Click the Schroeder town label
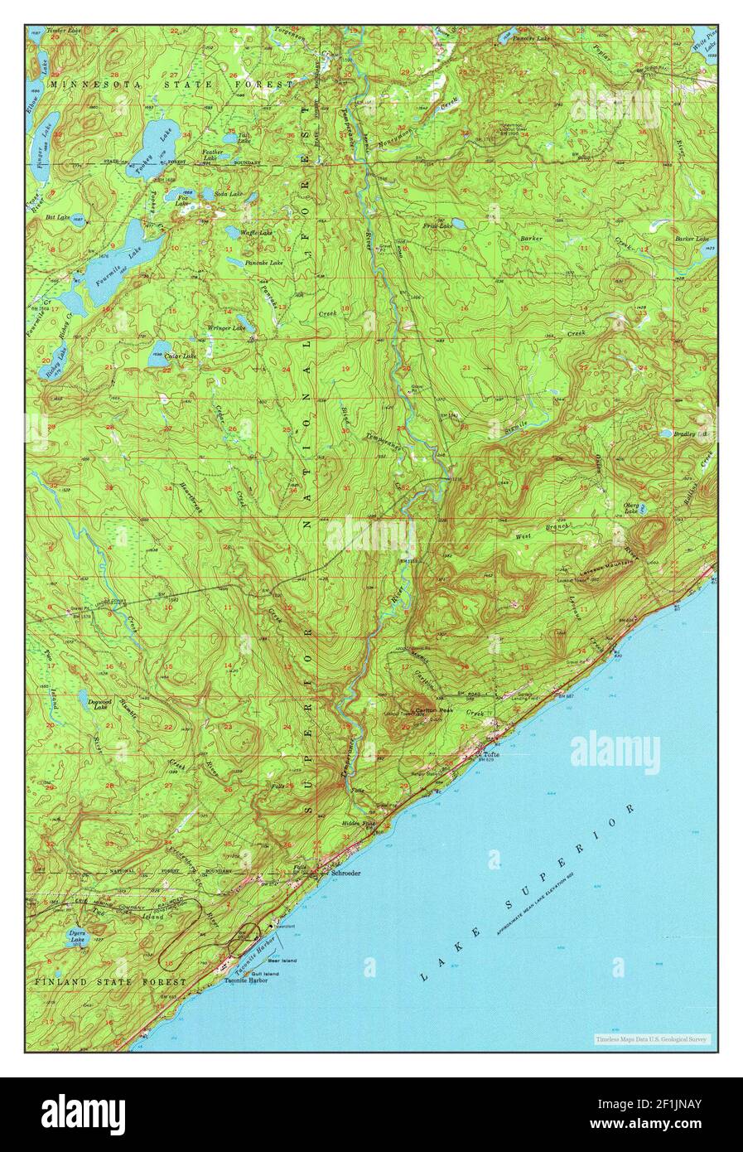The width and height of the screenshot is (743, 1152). [x=345, y=873]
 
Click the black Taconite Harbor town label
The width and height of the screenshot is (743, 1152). [x=246, y=980]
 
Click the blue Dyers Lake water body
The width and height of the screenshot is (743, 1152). [x=77, y=939]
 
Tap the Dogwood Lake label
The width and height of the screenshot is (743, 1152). [x=99, y=704]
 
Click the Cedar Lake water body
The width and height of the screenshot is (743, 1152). [x=158, y=356]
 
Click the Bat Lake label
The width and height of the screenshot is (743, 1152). [x=58, y=216]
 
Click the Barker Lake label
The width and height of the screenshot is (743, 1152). [x=692, y=239]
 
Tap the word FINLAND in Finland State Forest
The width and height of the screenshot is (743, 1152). [x=60, y=981]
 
